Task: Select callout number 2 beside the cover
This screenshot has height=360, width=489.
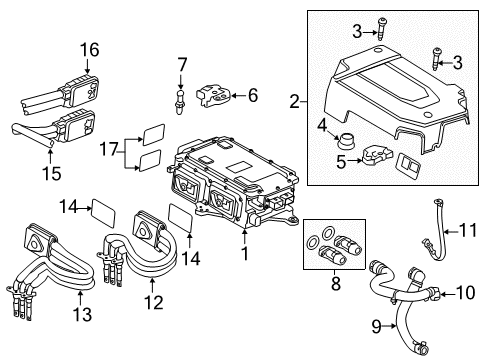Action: pos(295,100)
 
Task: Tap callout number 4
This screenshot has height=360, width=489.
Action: pos(322,124)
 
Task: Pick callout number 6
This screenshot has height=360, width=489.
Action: pos(251,95)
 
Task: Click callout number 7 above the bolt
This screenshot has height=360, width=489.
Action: pos(181,65)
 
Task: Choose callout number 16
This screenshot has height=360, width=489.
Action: pos(91,49)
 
